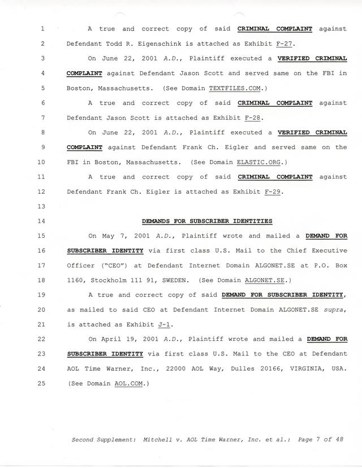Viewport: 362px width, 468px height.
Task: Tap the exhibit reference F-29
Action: [273, 192]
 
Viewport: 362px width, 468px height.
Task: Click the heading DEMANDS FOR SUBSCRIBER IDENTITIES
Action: [206, 221]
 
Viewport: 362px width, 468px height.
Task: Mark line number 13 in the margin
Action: [44, 206]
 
